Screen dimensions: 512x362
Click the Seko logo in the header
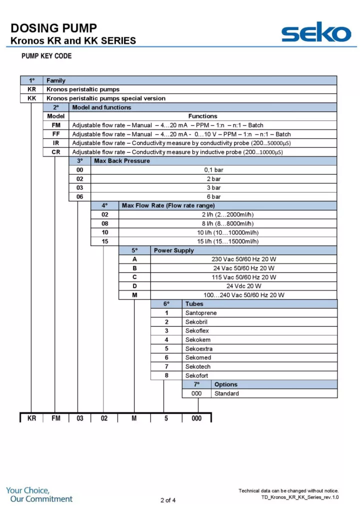point(315,33)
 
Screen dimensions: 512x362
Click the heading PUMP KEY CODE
point(46,56)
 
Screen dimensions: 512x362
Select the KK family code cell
point(31,98)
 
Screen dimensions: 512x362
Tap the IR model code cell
point(56,143)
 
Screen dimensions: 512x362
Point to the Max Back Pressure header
point(122,161)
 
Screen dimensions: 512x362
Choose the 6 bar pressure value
point(213,196)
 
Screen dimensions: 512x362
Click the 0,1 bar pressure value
point(213,170)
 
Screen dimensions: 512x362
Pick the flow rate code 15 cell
point(104,241)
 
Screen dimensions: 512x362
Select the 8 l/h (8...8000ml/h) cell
point(227,223)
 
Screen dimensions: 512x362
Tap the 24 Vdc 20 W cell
point(243,286)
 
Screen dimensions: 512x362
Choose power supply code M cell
point(134,295)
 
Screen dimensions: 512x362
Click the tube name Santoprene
point(201,313)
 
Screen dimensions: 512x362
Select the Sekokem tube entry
point(197,340)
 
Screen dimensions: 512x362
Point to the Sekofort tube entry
point(197,375)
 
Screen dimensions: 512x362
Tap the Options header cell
point(226,384)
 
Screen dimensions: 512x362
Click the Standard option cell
point(226,393)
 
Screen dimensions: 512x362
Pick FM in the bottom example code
point(55,418)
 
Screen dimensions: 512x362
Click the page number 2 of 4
point(168,500)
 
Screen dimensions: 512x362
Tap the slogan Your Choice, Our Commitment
point(39,494)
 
